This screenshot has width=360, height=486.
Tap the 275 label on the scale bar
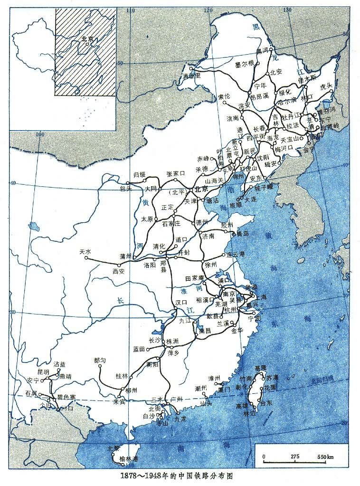click(x=295, y=457)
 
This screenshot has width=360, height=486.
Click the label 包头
click(x=126, y=189)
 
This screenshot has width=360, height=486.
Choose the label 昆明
click(x=43, y=372)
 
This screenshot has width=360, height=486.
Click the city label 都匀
click(x=101, y=360)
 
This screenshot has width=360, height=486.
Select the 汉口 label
click(x=181, y=302)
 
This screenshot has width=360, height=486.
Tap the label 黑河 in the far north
click(x=262, y=50)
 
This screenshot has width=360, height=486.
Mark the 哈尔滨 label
click(x=286, y=102)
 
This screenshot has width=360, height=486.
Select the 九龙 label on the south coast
click(x=180, y=419)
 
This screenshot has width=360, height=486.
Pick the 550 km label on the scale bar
click(x=324, y=457)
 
